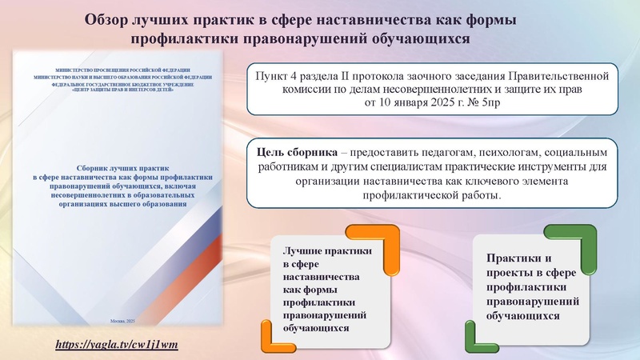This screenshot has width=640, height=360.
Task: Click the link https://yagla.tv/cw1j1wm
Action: tap(116, 345)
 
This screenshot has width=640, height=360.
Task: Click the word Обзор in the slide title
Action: tap(114, 18)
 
